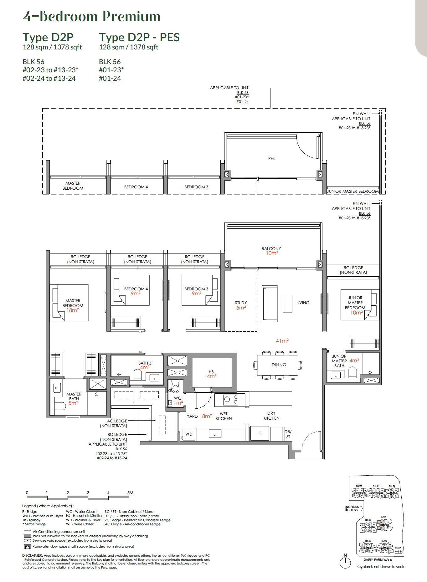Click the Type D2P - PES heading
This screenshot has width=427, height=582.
pyautogui.click(x=139, y=37)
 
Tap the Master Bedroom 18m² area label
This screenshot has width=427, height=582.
pyautogui.click(x=73, y=305)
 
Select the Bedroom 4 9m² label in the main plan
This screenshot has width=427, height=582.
pyautogui.click(x=136, y=291)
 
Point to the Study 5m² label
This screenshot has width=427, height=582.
pyautogui.click(x=241, y=305)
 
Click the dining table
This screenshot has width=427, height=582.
pyautogui.click(x=277, y=365)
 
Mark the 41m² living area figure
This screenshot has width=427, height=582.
pyautogui.click(x=282, y=341)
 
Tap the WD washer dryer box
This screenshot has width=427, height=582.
pyautogui.click(x=189, y=434)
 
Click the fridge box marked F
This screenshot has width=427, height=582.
pyautogui.click(x=260, y=433)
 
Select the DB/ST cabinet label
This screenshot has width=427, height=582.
pyautogui.click(x=288, y=434)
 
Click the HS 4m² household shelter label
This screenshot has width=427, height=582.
pyautogui.click(x=212, y=374)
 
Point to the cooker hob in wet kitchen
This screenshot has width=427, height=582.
pyautogui.click(x=231, y=399)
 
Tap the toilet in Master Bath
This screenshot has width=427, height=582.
pyautogui.click(x=61, y=406)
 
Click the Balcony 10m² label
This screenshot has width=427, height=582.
pyautogui.click(x=271, y=251)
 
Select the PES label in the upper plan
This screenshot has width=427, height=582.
pyautogui.click(x=271, y=159)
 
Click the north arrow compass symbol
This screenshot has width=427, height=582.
pyautogui.click(x=345, y=562)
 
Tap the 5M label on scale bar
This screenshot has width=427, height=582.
pyautogui.click(x=130, y=493)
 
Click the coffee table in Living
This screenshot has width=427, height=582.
pyautogui.click(x=287, y=304)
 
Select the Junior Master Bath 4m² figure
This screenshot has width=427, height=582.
pyautogui.click(x=354, y=360)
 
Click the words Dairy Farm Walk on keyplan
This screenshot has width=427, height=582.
pyautogui.click(x=378, y=559)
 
